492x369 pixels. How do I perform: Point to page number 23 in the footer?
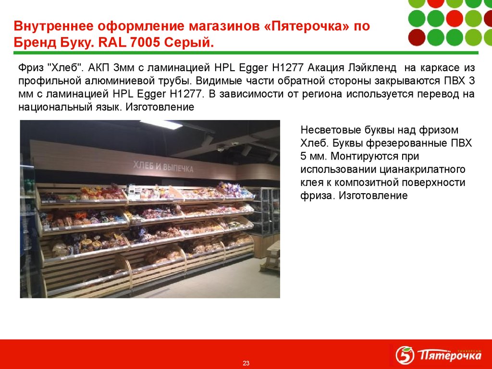[x=246, y=363]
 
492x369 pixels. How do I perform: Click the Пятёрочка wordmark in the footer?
[x=449, y=356]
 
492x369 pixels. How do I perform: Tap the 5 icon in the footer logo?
[x=405, y=356]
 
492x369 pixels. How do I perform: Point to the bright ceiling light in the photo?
[x=161, y=124]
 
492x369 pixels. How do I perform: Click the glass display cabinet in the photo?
[x=267, y=211]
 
